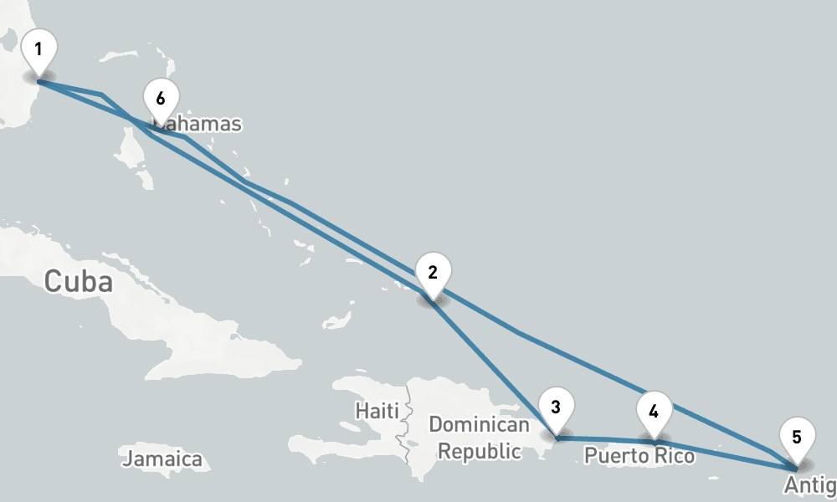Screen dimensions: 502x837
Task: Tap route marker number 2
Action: (432, 273)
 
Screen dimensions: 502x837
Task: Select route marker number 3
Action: (556, 407)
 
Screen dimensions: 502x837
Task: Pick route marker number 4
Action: (654, 412)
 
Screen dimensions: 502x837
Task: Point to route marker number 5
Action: (796, 438)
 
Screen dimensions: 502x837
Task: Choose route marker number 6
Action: (160, 99)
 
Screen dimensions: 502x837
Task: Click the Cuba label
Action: (78, 282)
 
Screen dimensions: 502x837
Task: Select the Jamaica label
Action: (162, 459)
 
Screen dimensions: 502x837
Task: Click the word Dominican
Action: (479, 425)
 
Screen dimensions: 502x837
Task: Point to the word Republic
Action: (480, 452)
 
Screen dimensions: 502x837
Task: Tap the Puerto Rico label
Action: (639, 457)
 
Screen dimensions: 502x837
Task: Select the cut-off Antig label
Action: (809, 486)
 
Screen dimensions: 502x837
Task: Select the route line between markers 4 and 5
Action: (728, 453)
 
